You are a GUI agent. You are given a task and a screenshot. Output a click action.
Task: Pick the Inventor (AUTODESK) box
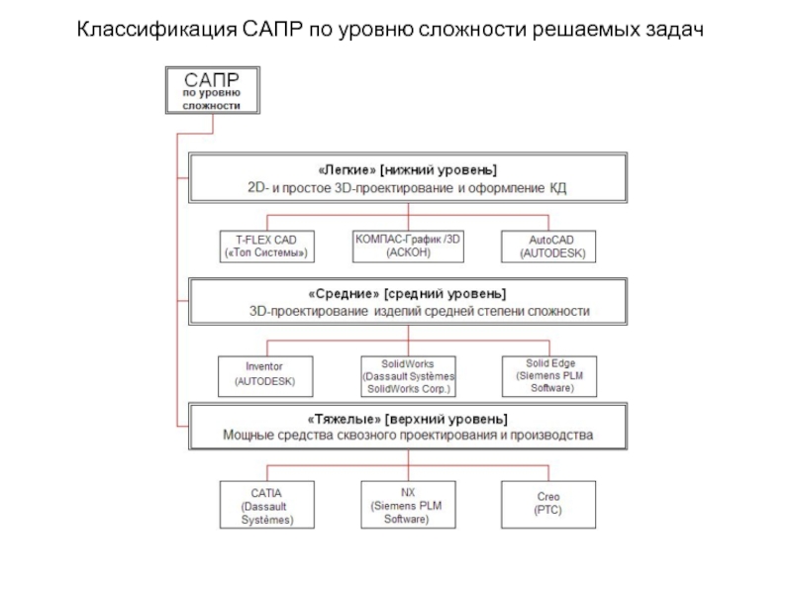264,373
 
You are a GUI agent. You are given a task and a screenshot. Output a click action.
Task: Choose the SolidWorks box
408,375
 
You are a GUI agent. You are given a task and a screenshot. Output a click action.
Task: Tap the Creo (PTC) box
548,503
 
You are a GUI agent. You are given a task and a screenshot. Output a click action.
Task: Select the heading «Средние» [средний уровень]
407,294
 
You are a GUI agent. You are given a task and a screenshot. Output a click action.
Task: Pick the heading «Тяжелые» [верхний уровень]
407,418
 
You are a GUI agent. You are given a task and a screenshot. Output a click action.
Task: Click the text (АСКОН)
408,252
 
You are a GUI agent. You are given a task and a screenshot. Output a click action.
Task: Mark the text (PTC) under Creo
548,511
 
